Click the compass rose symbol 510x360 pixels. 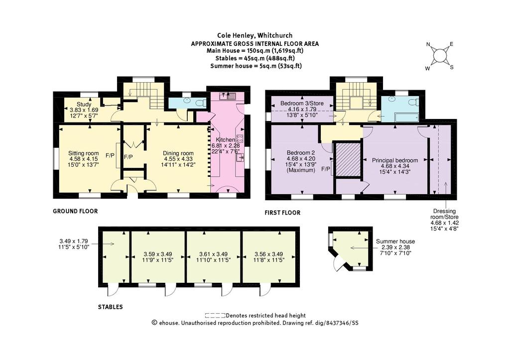pos(440,56)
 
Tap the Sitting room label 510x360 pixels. pos(84,159)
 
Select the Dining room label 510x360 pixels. pos(178,159)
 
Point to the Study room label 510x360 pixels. pos(84,110)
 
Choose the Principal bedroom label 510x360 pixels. pos(395,166)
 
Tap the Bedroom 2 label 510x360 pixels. pos(301,161)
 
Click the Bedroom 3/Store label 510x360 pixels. pos(302,109)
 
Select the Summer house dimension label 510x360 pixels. pos(395,247)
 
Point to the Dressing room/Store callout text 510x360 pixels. pos(445,220)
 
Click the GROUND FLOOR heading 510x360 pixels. pos(75,211)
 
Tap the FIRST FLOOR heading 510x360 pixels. pos(282,213)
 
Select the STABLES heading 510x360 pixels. pos(110,307)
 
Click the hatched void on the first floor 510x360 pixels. pos(348,159)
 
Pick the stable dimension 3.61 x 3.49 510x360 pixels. pos(213,257)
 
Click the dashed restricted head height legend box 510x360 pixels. pos(215,316)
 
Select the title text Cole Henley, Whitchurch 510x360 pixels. pos(255,35)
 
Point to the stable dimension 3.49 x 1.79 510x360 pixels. pos(74,244)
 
